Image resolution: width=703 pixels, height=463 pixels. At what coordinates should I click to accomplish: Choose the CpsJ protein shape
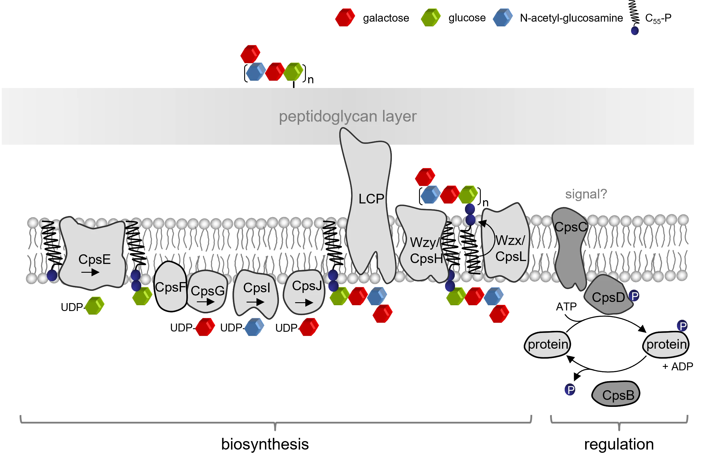click(304, 291)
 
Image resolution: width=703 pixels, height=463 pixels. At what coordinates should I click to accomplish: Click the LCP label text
click(371, 199)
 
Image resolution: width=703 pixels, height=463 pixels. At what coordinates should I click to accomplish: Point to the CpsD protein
click(608, 296)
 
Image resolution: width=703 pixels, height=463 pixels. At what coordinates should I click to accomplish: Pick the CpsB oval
click(617, 395)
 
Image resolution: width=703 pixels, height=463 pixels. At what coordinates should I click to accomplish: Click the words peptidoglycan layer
click(348, 116)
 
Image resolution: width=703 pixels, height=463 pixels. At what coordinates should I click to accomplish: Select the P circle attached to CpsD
click(635, 296)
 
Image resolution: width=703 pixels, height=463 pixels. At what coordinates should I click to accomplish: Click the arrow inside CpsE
click(90, 272)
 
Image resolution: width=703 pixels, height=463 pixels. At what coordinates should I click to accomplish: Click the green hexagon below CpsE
click(94, 306)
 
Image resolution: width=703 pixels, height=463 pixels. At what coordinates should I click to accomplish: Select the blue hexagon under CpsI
click(254, 327)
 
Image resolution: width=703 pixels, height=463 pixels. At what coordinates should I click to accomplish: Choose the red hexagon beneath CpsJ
click(309, 327)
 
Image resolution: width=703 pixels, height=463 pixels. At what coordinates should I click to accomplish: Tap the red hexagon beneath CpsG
click(205, 327)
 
